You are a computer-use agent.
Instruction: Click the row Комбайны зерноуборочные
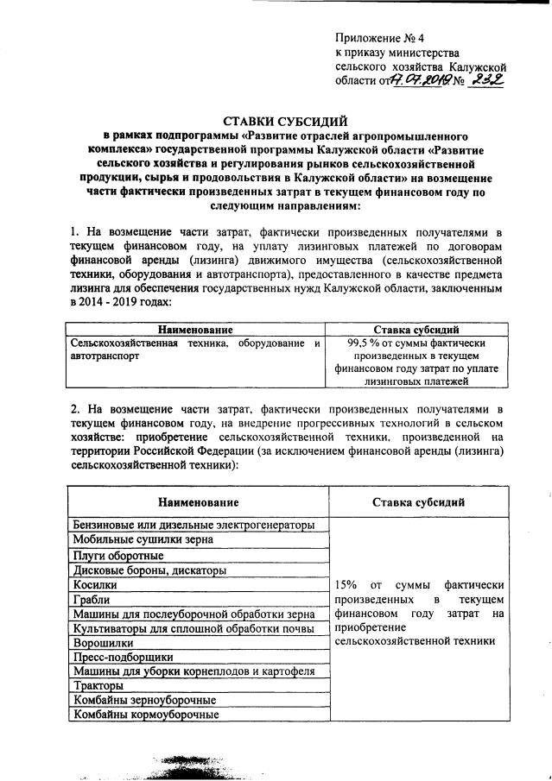(x=144, y=700)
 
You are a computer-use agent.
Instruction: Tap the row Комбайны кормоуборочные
(x=145, y=715)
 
